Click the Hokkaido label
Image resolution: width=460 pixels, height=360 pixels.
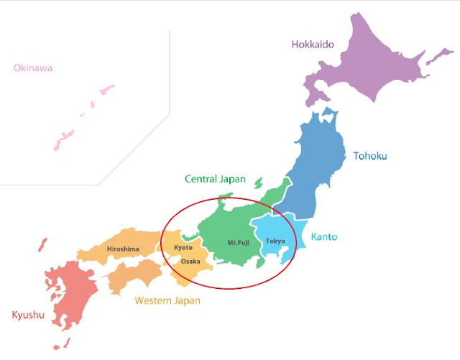click(x=313, y=45)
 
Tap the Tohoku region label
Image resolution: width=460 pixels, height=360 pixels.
click(x=369, y=154)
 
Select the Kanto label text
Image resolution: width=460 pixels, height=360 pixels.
click(x=323, y=236)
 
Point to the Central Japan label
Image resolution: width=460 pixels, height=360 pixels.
click(x=215, y=179)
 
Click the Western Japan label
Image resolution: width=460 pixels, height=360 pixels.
click(x=167, y=300)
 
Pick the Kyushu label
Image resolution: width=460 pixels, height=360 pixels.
click(x=28, y=315)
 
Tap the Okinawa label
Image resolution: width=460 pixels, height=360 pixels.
click(x=31, y=68)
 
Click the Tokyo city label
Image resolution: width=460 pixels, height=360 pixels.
click(x=275, y=241)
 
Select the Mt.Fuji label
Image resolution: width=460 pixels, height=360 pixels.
click(x=237, y=243)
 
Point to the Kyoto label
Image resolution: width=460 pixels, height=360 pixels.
click(x=183, y=247)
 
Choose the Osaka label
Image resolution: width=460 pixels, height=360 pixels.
click(x=190, y=261)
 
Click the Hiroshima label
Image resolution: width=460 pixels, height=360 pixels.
click(x=122, y=249)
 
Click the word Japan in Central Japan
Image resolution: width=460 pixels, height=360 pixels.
click(x=232, y=179)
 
